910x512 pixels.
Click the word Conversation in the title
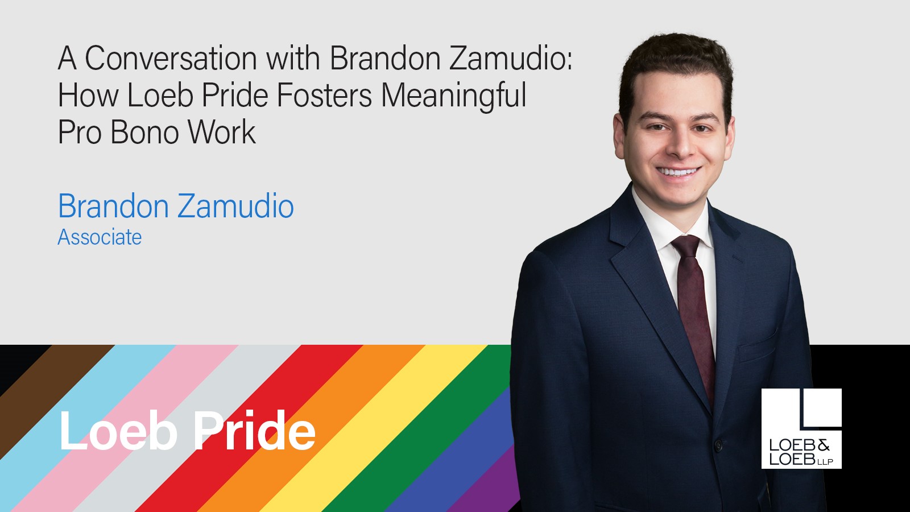171,59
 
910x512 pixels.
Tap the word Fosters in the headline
324,96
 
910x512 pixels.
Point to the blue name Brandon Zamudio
176,206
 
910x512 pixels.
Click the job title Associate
100,237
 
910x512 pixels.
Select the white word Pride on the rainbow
254,431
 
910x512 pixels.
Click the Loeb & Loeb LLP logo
801,428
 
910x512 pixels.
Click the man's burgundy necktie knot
686,246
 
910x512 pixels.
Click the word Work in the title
222,133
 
